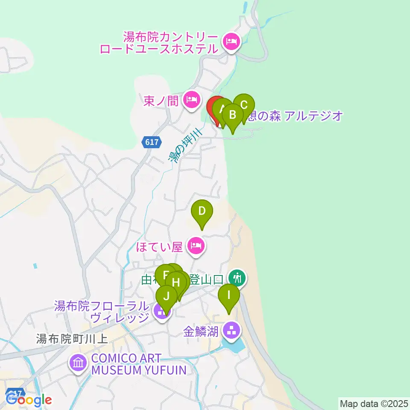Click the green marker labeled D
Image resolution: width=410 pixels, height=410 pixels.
pos(202,211)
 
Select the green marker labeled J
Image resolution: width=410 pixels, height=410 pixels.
pos(167,296)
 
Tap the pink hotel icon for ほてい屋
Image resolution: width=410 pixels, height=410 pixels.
pos(196,246)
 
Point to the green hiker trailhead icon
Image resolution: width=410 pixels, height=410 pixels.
pos(236,278)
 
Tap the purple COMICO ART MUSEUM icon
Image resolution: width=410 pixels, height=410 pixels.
pos(78,364)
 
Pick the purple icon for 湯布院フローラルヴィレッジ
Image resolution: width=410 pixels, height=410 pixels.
pos(161,312)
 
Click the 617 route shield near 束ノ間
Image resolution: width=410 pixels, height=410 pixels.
pos(151,142)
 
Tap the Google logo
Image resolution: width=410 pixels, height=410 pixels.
pos(29,400)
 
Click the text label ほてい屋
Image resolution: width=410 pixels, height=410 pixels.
pos(160,246)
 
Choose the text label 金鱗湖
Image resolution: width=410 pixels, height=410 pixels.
pos(201,332)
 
